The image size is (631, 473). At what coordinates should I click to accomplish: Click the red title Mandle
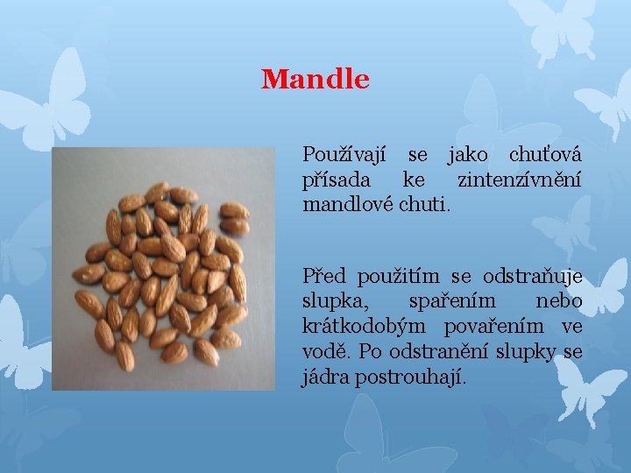tap(315, 80)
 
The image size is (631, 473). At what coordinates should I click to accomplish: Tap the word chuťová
tap(545, 156)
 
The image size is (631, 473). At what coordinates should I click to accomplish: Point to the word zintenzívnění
tap(520, 180)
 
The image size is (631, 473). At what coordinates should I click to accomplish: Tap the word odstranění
tap(450, 352)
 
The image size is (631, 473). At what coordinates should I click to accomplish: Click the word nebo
tap(558, 302)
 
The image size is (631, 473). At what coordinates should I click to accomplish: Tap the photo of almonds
tap(163, 269)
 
